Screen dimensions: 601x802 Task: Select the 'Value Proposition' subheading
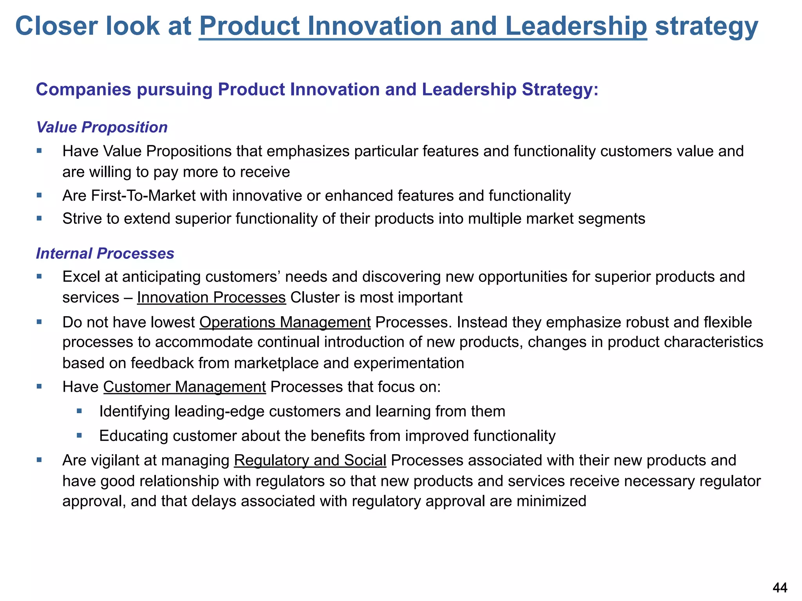click(x=102, y=128)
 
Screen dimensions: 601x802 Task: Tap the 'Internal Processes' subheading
click(x=105, y=254)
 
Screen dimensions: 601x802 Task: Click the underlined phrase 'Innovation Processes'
click(x=211, y=298)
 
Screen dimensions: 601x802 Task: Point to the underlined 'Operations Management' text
click(x=285, y=322)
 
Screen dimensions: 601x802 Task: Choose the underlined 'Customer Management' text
click(x=184, y=387)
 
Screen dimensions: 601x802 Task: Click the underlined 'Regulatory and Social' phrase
click(x=310, y=461)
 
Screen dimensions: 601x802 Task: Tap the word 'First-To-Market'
click(x=143, y=196)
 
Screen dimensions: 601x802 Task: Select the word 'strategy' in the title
click(x=706, y=27)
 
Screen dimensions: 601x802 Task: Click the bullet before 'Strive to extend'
click(x=39, y=218)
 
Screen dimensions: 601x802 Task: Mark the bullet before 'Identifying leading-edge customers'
click(x=79, y=411)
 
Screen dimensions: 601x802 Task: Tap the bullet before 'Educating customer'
click(x=79, y=435)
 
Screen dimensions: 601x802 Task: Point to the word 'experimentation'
click(x=409, y=363)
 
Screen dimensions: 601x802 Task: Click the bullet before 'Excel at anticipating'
click(x=39, y=276)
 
